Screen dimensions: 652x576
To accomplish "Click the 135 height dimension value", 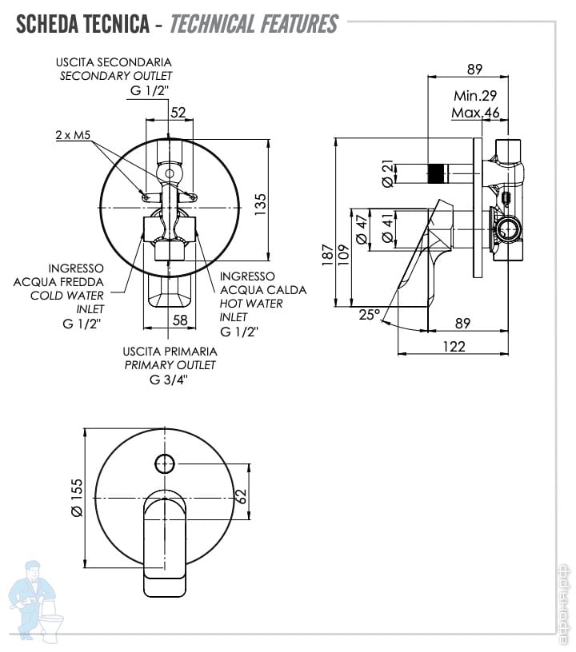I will pyautogui.click(x=259, y=205).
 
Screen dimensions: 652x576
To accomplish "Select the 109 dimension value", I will pyautogui.click(x=343, y=254).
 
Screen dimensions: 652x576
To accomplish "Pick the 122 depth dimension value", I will pyautogui.click(x=453, y=346).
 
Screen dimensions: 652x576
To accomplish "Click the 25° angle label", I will pyautogui.click(x=369, y=315).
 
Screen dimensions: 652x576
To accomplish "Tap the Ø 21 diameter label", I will pyautogui.click(x=389, y=173).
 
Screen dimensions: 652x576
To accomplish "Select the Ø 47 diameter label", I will pyautogui.click(x=362, y=231).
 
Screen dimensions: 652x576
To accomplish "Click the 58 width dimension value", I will pyautogui.click(x=180, y=320).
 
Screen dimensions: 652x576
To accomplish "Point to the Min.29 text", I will pyautogui.click(x=476, y=95).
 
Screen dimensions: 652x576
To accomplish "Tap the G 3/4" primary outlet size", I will pyautogui.click(x=170, y=379).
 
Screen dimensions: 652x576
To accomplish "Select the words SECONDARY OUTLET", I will pyautogui.click(x=116, y=76).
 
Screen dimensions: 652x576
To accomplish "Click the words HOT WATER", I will pyautogui.click(x=251, y=304).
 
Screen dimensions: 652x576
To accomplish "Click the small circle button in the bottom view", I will pyautogui.click(x=163, y=463).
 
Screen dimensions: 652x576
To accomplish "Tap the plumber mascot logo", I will pyautogui.click(x=37, y=600).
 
